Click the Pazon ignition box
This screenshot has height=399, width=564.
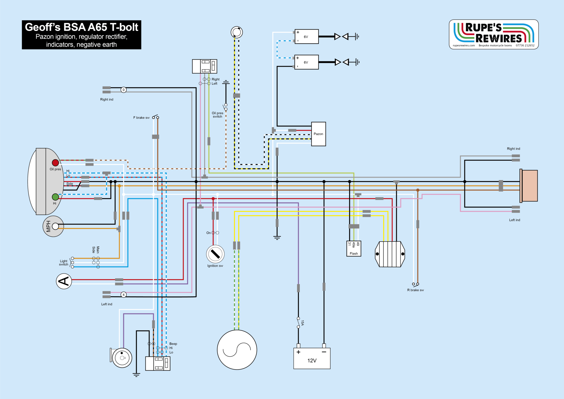click(318, 134)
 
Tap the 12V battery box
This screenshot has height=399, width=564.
click(312, 358)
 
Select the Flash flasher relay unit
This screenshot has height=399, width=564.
click(354, 249)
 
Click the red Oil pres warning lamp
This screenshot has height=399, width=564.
click(55, 163)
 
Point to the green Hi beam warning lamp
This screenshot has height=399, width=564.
click(55, 197)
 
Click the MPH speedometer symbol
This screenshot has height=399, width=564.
click(53, 226)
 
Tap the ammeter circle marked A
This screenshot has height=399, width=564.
click(64, 281)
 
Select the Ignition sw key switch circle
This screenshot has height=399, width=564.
click(215, 254)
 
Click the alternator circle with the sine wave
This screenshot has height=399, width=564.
click(237, 350)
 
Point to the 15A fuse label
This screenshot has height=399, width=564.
click(302, 323)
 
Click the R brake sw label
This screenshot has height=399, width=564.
click(415, 290)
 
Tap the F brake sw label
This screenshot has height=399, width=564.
click(141, 118)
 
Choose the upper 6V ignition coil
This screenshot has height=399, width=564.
click(307, 37)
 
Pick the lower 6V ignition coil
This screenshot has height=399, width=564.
click(307, 62)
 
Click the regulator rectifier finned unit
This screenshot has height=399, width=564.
click(390, 254)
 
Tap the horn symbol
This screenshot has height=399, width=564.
click(121, 358)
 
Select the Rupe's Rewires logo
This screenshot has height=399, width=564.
click(493, 34)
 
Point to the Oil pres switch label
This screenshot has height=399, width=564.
click(217, 115)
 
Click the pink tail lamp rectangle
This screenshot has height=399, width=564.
click(529, 186)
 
